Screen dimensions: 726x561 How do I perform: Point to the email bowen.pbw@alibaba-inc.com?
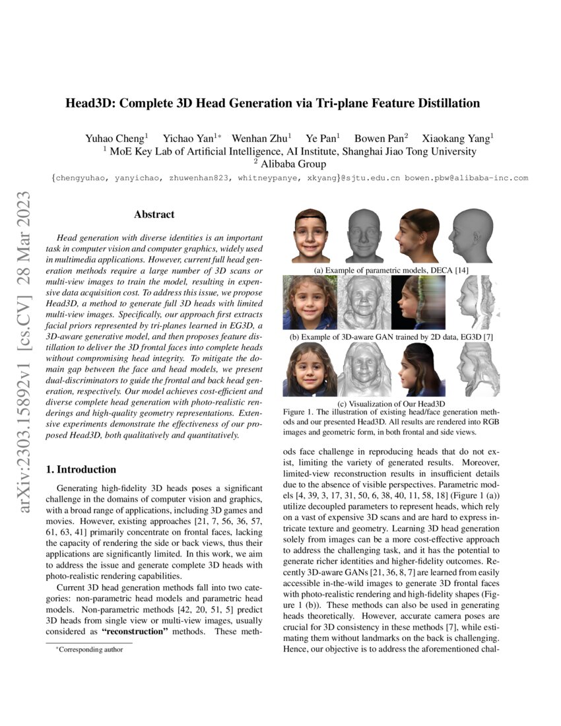(x=467, y=178)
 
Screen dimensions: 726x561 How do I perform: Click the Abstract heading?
(x=154, y=214)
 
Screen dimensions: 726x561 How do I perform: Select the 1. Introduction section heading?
(x=81, y=470)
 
